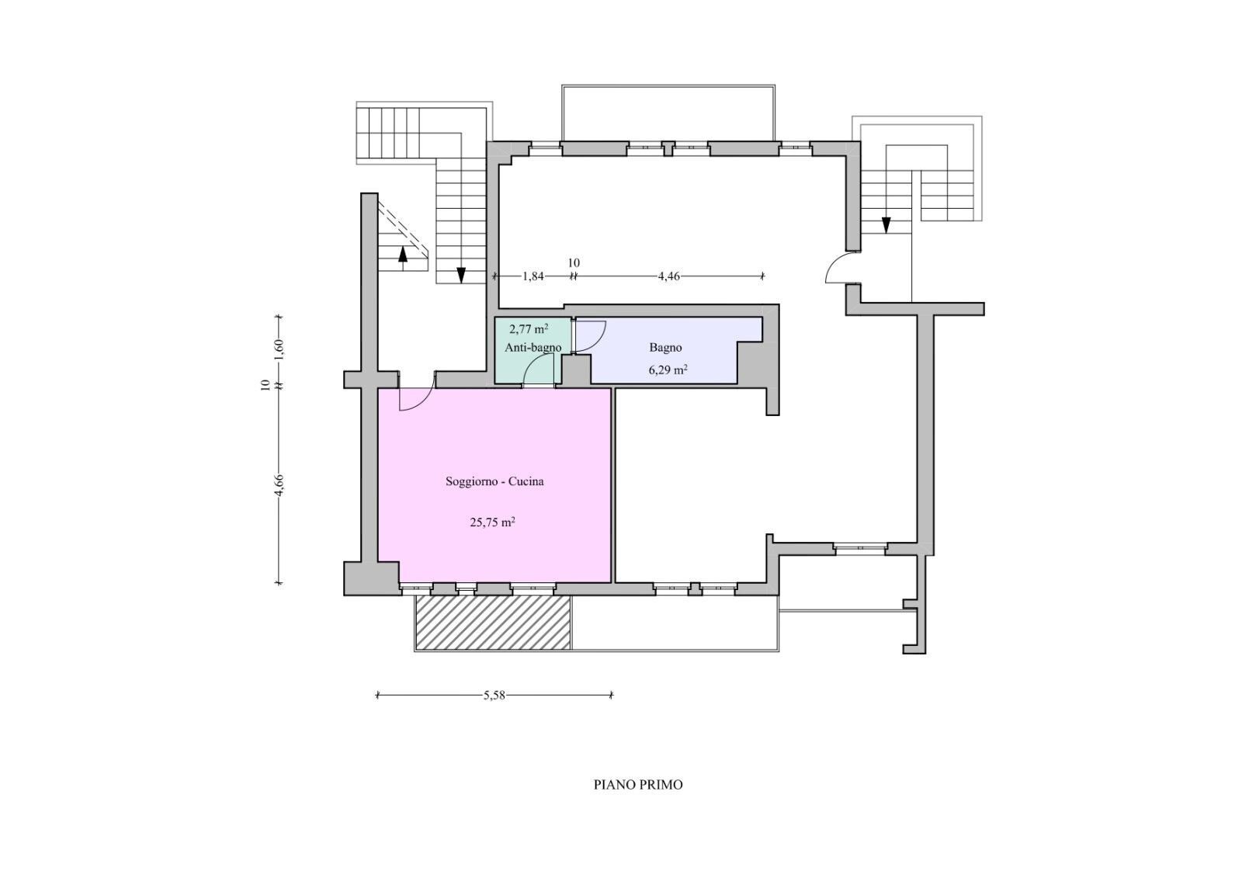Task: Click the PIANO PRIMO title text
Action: [638, 785]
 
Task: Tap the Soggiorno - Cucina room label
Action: [494, 481]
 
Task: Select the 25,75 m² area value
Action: [493, 522]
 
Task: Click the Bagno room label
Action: [665, 348]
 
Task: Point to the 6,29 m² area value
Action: [668, 370]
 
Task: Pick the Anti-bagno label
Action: [533, 348]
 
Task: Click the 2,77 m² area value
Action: [529, 328]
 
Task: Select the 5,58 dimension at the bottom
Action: [494, 696]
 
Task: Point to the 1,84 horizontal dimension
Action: [533, 276]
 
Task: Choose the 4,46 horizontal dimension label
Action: [668, 276]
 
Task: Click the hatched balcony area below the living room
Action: [493, 623]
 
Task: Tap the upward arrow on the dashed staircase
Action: [402, 255]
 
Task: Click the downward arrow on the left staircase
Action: [461, 275]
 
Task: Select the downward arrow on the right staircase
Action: [886, 225]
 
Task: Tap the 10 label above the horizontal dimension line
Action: [574, 263]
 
